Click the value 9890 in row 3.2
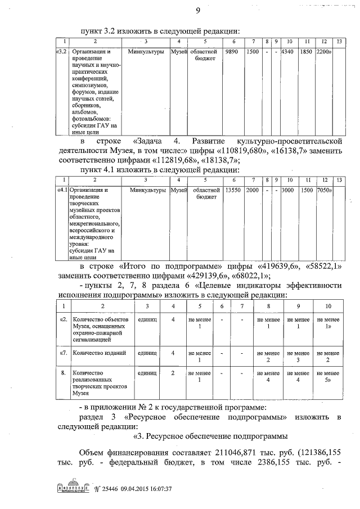pyautogui.click(x=232, y=52)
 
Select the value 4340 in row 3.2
pyautogui.click(x=287, y=52)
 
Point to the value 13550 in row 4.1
pyautogui.click(x=232, y=190)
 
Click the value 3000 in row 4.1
pyautogui.click(x=287, y=190)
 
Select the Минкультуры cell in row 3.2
pyautogui.click(x=146, y=52)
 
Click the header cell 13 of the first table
pyautogui.click(x=338, y=42)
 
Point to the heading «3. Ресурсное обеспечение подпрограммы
pyautogui.click(x=210, y=436)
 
